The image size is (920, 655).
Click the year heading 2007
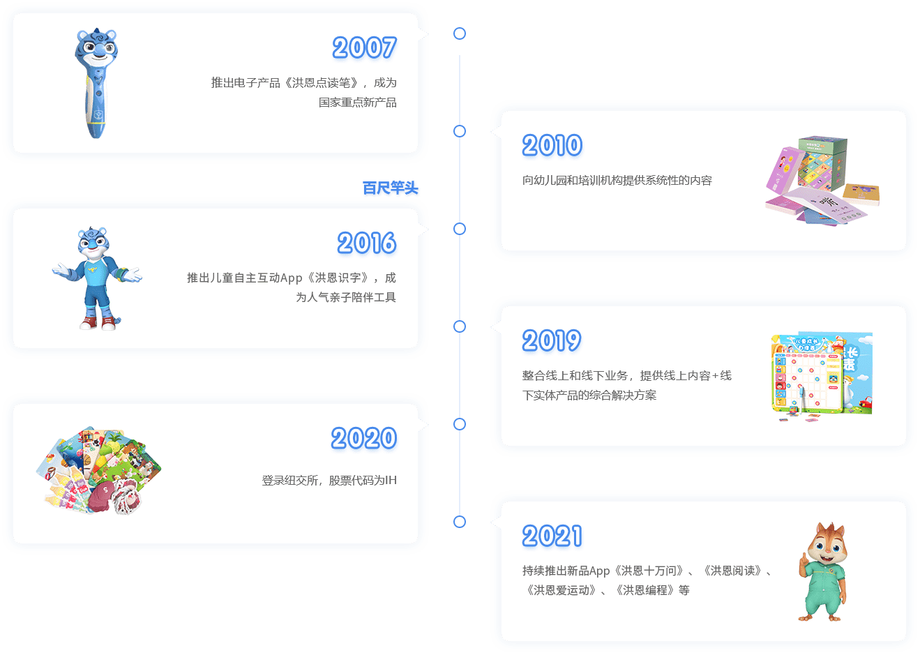coord(364,47)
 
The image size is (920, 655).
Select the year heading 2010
coord(552,145)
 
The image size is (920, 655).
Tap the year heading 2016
coord(367,243)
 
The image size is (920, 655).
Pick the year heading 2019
coord(552,341)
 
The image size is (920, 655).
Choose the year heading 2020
coord(364,438)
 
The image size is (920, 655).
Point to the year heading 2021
coord(552,536)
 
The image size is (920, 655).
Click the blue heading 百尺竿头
coord(390,188)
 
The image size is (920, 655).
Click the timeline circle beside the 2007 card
coord(459,33)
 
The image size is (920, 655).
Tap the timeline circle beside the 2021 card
coord(459,522)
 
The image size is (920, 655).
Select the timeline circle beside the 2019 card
coord(459,326)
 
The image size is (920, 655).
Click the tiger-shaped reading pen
coord(96,83)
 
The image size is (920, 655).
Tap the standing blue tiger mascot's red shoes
coord(98,323)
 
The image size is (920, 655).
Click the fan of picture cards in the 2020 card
coord(98,470)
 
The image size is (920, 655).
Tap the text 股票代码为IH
coord(363,480)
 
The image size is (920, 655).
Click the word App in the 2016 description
coord(291,278)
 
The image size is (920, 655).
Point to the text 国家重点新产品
coord(357,103)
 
